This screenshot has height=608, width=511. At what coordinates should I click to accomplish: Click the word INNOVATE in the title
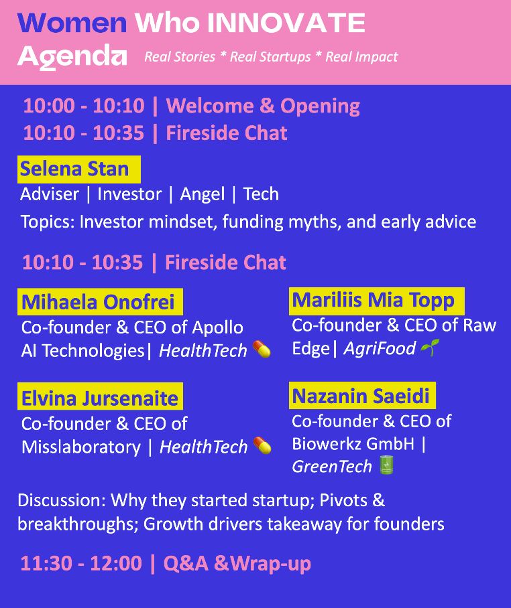(x=286, y=23)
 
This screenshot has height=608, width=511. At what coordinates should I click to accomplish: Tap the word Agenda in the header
(x=72, y=57)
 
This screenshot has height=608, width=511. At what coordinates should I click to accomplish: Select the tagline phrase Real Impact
(x=361, y=57)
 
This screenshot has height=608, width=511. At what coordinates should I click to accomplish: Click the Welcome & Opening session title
(x=263, y=106)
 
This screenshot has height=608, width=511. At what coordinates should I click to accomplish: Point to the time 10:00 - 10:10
(x=84, y=106)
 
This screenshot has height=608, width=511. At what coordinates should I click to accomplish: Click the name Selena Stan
(x=74, y=169)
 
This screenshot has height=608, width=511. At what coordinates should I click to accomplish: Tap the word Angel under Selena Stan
(x=203, y=194)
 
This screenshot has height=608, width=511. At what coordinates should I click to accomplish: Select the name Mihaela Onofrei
(x=98, y=302)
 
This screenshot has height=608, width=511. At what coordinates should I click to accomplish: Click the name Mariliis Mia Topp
(x=373, y=301)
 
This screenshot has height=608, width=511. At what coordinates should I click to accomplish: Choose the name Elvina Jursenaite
(x=100, y=398)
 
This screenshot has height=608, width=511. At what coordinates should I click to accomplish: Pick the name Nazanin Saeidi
(x=361, y=396)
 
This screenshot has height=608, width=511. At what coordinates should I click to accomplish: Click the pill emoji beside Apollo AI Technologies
(x=262, y=349)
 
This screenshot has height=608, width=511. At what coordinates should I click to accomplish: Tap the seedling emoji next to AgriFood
(x=430, y=348)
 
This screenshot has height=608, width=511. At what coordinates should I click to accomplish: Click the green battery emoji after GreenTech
(x=386, y=465)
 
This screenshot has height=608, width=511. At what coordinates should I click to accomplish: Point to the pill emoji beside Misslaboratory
(x=262, y=445)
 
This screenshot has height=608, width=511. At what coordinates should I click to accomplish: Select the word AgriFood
(x=380, y=348)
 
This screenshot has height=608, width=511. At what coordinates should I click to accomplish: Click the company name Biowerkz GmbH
(x=353, y=443)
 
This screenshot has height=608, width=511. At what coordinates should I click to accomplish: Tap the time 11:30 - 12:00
(x=81, y=563)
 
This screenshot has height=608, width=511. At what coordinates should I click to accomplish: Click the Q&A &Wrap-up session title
(x=237, y=563)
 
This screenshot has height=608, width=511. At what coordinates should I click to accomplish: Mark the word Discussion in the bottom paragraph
(x=62, y=500)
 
